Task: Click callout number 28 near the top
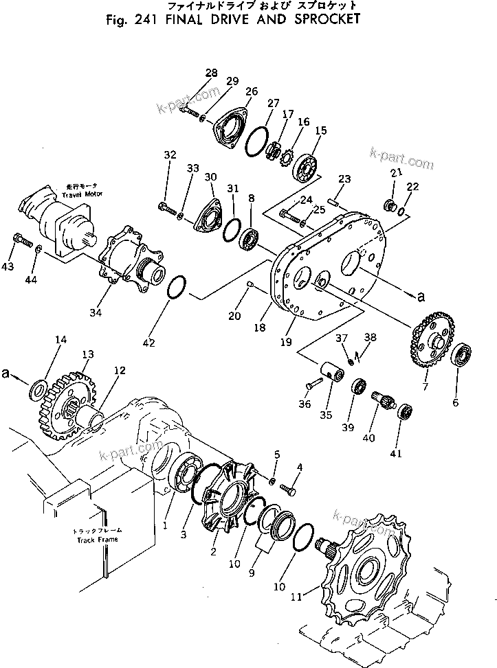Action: [211, 73]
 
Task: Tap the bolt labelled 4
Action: [289, 490]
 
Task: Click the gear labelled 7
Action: [428, 343]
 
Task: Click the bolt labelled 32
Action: [166, 205]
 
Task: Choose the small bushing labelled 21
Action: [389, 205]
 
